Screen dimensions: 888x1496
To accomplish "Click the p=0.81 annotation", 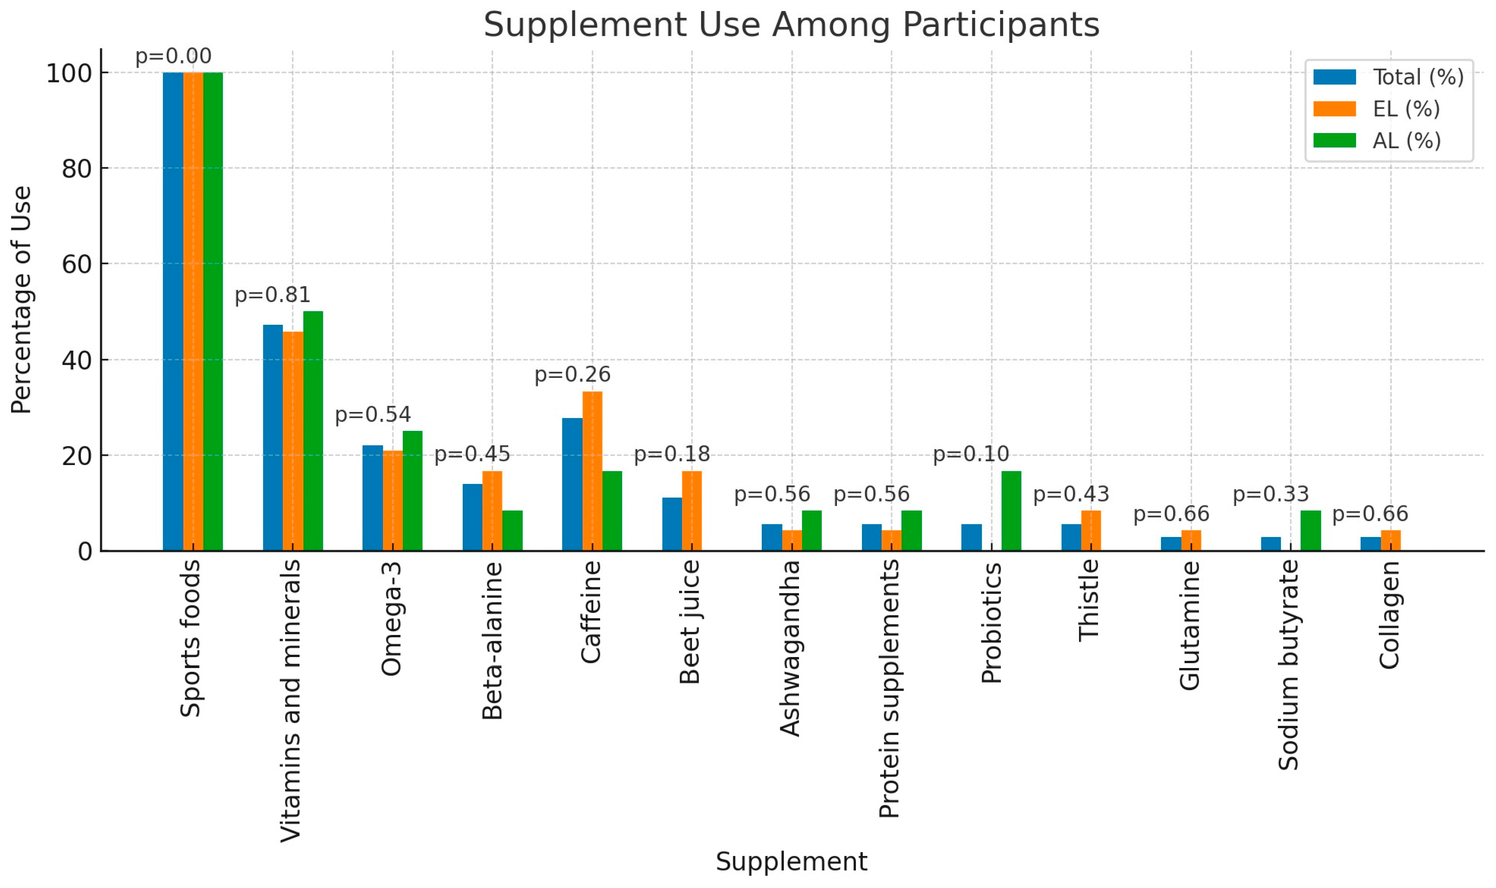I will point(273,295).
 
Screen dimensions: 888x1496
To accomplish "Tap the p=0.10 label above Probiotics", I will point(971,454).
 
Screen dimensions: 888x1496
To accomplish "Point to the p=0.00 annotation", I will point(173,56).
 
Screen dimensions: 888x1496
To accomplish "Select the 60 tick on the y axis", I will point(76,264).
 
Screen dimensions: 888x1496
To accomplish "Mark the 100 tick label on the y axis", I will point(69,73).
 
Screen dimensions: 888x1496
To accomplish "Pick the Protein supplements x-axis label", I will point(890,688).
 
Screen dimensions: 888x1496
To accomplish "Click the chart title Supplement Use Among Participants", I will point(791,25).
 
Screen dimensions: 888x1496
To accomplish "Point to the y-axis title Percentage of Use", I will point(21,299).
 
